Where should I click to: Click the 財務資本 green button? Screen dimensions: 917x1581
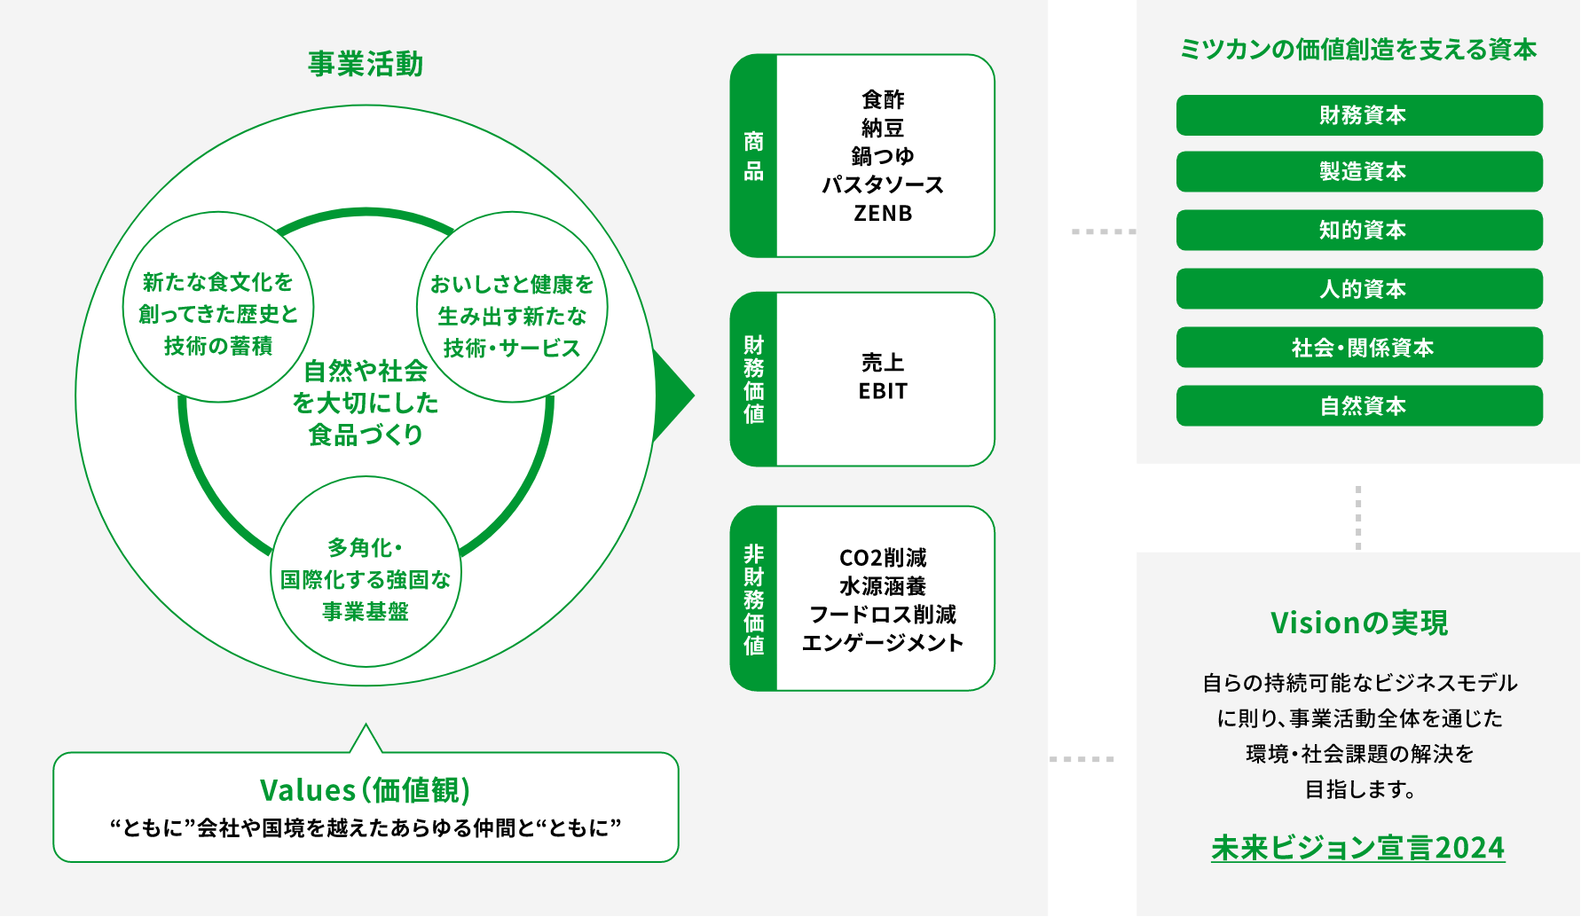coord(1359,115)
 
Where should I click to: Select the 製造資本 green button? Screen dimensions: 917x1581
coord(1359,171)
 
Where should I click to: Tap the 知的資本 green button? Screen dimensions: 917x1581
coord(1359,230)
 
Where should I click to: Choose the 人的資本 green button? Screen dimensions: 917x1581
coord(1359,288)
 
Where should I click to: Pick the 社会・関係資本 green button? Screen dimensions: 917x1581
coord(1359,347)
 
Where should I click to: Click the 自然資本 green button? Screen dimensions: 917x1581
coord(1359,405)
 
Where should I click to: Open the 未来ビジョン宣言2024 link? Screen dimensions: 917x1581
coord(1357,848)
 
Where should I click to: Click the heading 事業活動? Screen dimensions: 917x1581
coord(366,64)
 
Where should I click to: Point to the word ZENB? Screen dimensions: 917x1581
coord(883,214)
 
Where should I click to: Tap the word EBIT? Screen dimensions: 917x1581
coord(883,391)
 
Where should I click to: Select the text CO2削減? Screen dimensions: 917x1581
coord(883,558)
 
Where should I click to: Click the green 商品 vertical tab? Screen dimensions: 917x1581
coord(753,156)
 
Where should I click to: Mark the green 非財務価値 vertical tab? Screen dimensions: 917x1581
coord(753,599)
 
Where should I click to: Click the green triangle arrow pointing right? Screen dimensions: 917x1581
coord(674,396)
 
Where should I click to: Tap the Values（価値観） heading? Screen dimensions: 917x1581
coord(366,789)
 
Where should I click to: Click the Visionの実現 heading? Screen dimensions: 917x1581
coord(1359,623)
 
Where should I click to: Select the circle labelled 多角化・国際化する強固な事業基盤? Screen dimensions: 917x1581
coord(366,572)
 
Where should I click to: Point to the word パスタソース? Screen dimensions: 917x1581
coord(883,184)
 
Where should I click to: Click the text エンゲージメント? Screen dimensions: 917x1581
coord(883,643)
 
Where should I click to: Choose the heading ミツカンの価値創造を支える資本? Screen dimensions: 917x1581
coord(1357,50)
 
